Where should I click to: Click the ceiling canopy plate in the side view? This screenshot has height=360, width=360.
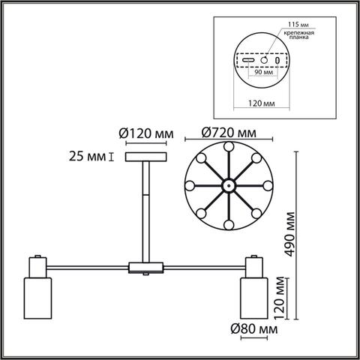pos(145,157)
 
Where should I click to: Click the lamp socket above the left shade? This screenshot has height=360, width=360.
pos(36,266)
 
